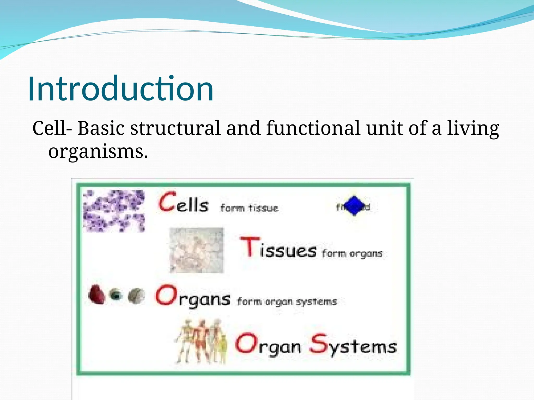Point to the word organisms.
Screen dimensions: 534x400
coord(98,152)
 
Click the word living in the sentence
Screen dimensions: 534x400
coord(473,129)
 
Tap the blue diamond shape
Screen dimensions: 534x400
coord(354,206)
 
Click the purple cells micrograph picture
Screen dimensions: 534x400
coord(114,211)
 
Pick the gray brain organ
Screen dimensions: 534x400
coord(137,296)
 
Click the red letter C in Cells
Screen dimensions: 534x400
coord(167,202)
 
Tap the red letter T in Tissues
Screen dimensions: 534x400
coord(250,246)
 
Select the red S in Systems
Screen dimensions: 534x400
coord(319,344)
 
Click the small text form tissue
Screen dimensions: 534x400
coord(249,208)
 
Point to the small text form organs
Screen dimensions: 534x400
coord(352,253)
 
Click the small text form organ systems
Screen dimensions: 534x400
coord(287,302)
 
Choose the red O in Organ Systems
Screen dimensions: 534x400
coord(246,343)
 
